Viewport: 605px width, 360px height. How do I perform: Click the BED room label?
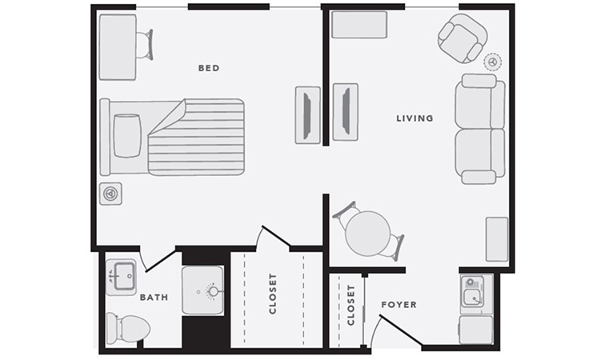[x=209, y=68]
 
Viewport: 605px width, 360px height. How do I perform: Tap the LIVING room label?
[x=415, y=118]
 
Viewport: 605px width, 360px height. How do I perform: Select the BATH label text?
[x=154, y=297]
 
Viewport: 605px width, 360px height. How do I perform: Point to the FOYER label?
[x=399, y=305]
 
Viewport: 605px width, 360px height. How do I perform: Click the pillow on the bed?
[x=127, y=135]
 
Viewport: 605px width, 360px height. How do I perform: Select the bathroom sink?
[x=121, y=277]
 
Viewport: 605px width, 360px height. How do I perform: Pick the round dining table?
[x=367, y=233]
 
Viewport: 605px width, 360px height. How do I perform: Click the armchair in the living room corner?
[x=463, y=38]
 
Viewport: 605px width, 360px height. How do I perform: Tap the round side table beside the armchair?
[x=493, y=62]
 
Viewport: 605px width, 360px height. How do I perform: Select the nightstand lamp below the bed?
[x=110, y=194]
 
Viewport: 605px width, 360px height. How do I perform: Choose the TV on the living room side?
[x=346, y=112]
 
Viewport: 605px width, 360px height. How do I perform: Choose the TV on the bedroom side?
[x=308, y=115]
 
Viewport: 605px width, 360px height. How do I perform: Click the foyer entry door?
[x=400, y=329]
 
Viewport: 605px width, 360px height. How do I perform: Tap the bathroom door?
[x=161, y=262]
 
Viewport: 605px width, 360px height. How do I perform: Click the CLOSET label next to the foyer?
[x=351, y=306]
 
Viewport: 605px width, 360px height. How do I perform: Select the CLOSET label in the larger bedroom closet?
[x=273, y=294]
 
